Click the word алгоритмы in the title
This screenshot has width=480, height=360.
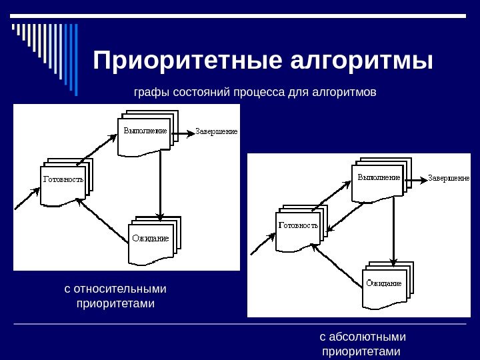363,61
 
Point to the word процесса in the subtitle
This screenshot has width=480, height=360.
259,91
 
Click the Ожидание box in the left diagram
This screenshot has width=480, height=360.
151,241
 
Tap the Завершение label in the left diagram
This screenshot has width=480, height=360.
216,131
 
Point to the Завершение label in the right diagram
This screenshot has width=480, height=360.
449,178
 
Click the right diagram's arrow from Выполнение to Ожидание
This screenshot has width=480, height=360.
394,231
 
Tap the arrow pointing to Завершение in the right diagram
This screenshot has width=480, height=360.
416,179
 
